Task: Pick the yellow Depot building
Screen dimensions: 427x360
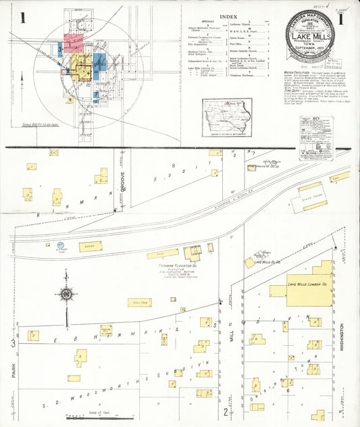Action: (x=90, y=247)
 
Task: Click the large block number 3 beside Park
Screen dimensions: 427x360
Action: (x=13, y=344)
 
